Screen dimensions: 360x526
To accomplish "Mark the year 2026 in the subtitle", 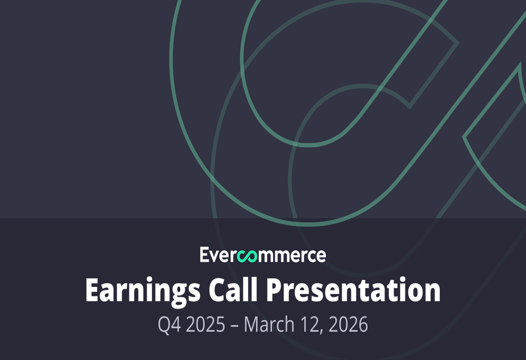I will [x=348, y=324].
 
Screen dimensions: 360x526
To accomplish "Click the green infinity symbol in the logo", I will [x=246, y=256].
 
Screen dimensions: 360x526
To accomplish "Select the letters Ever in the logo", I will [x=218, y=255].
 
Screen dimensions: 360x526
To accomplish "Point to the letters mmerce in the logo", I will [x=290, y=256].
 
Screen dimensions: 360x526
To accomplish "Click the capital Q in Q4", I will [x=164, y=325].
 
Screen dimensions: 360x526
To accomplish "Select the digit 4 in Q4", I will [x=176, y=325].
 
